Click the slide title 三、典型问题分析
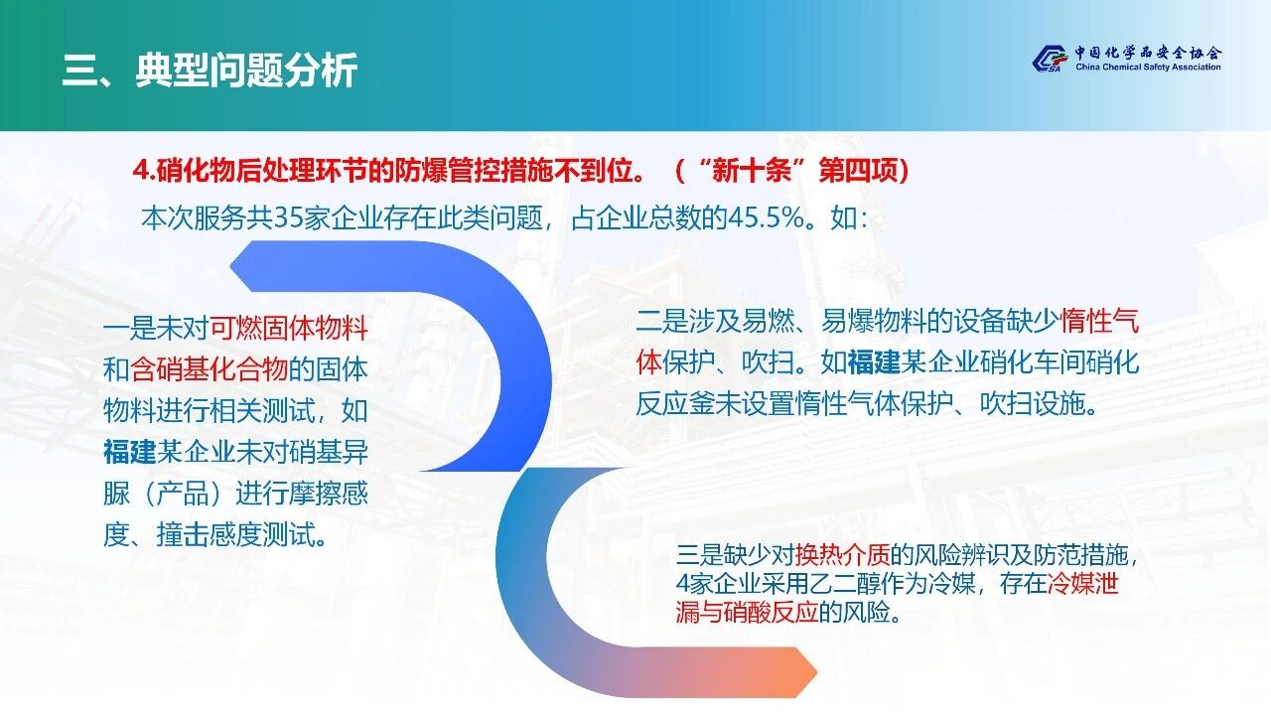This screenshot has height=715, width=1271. [210, 71]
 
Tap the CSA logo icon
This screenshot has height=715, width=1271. [1050, 59]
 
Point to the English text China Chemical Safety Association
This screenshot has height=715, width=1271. [1148, 67]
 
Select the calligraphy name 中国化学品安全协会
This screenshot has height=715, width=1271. [1148, 53]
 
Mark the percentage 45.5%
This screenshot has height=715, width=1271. [767, 218]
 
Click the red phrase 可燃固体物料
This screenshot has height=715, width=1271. [289, 329]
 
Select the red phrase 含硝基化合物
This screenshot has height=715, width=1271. [210, 370]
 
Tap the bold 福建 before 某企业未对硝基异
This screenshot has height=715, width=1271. [129, 452]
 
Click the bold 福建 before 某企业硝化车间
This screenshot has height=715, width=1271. [874, 362]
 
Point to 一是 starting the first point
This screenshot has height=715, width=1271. [129, 329]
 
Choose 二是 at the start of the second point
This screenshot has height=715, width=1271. [661, 321]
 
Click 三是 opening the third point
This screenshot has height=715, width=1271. [700, 555]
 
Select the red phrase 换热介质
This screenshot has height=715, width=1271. [843, 555]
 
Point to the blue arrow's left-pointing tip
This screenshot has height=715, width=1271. [231, 265]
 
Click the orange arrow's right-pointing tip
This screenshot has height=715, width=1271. [816, 673]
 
